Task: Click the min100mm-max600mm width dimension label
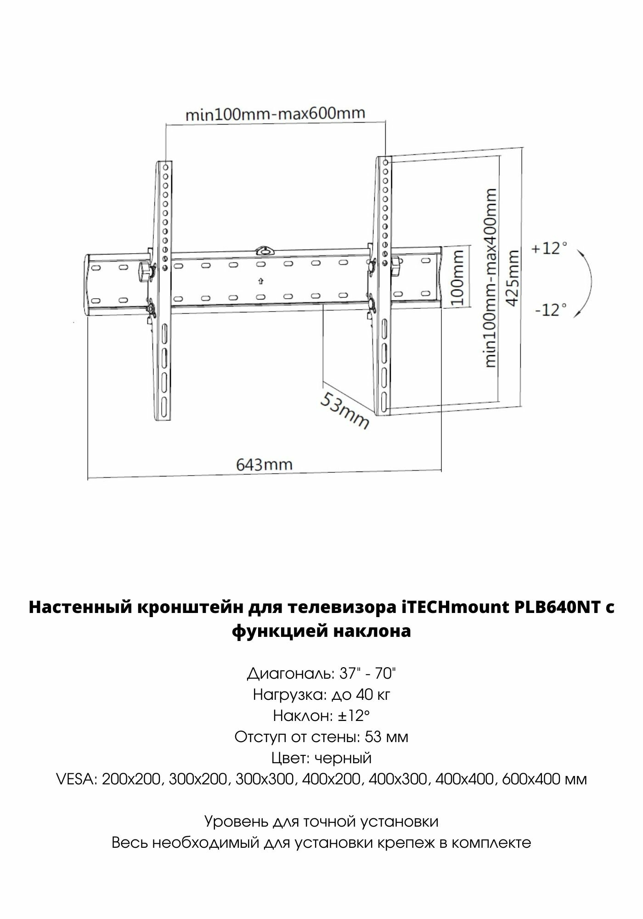pos(275,113)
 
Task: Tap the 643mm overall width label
pos(264,464)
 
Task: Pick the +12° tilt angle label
pos(549,249)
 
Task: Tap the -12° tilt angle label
pos(548,310)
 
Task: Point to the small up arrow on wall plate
pos(261,280)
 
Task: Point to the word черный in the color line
pos(346,758)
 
